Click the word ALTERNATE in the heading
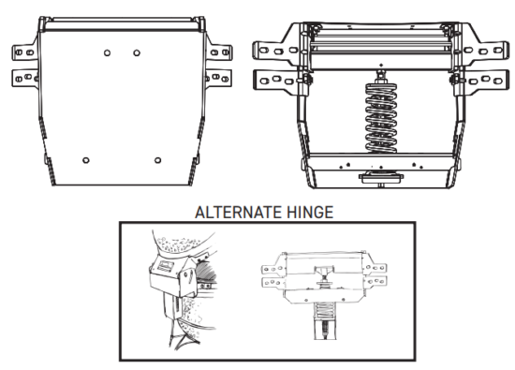(x=227, y=213)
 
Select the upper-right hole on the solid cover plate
(x=137, y=52)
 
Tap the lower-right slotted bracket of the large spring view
(x=487, y=81)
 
